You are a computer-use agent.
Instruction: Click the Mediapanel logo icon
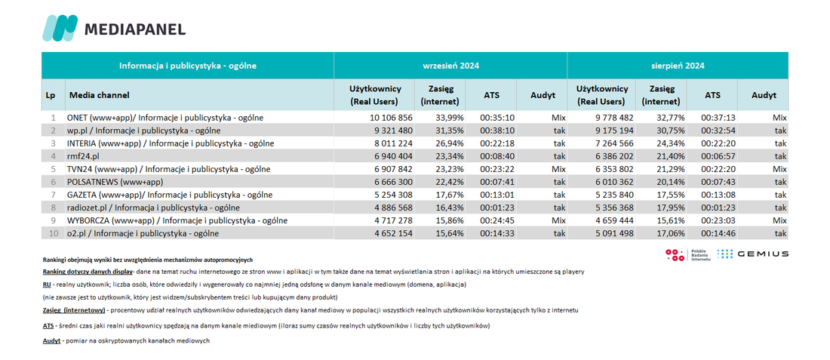(60, 28)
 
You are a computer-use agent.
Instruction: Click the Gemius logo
(753, 254)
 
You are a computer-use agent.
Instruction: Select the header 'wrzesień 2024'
(450, 66)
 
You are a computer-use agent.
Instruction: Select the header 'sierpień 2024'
(678, 66)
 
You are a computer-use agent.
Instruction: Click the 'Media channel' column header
(100, 95)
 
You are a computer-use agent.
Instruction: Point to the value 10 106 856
(391, 117)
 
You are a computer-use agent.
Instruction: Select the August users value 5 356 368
(611, 208)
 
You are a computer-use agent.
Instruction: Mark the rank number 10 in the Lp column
(53, 233)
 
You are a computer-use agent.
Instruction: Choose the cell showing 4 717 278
(392, 221)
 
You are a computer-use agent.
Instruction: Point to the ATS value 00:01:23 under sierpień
(717, 208)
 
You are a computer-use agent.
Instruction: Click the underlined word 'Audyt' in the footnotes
(51, 341)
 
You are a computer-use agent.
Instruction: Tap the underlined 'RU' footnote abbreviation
(47, 285)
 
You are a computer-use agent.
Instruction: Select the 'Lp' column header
(51, 95)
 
